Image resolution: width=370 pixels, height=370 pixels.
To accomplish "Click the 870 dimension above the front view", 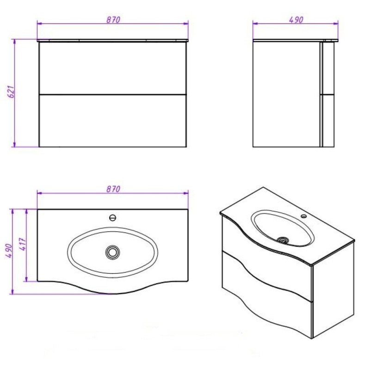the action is [113, 19].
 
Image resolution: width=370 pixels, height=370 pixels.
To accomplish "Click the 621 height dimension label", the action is [11, 92].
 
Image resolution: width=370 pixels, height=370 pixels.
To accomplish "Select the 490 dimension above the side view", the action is [296, 19].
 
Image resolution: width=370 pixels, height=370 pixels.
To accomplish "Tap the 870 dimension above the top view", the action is [113, 189].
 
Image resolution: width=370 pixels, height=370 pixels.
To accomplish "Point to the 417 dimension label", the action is [23, 244].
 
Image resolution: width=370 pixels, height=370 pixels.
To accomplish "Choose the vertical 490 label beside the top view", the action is [9, 251].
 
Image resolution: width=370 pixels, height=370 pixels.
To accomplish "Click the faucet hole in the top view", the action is [113, 217].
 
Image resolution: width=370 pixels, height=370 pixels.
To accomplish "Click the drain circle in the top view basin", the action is [112, 252].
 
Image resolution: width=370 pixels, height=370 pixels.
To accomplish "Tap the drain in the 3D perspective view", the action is [283, 240].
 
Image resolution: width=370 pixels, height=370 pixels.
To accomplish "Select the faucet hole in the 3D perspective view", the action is [304, 216].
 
